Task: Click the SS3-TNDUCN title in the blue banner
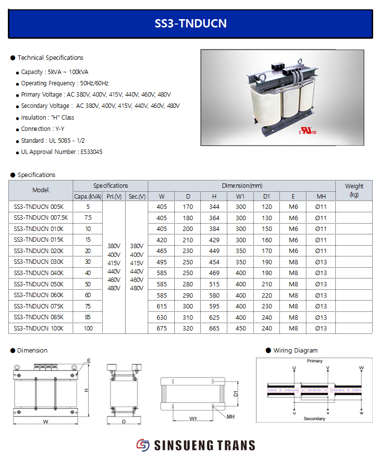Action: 190,24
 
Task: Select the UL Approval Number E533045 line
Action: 61,152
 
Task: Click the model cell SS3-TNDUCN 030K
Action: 38,262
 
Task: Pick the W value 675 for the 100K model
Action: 162,329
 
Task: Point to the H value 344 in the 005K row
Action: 214,207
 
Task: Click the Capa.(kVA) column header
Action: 88,197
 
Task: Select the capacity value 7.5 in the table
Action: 88,218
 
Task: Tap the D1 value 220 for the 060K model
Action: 267,295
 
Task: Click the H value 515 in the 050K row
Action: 214,284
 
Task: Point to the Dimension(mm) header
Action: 242,186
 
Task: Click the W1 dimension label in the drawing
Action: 193,419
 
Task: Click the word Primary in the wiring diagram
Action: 315,361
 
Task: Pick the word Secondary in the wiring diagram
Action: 314,419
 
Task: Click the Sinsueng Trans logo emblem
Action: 143,445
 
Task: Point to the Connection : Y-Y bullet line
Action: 43,129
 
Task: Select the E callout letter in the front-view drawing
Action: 89,360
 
